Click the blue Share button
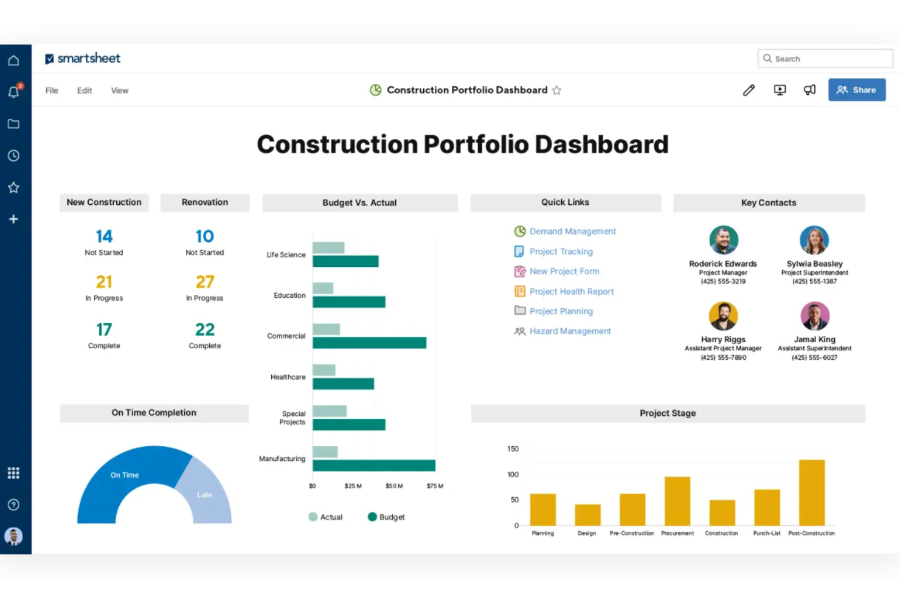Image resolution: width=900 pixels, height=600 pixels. click(x=856, y=90)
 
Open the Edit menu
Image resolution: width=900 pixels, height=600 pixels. click(x=85, y=91)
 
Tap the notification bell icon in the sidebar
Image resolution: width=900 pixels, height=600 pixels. click(x=13, y=92)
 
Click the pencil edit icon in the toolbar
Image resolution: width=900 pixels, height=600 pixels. click(x=749, y=91)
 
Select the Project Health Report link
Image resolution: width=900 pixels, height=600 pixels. click(x=571, y=292)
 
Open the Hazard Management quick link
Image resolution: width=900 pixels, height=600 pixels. click(x=570, y=331)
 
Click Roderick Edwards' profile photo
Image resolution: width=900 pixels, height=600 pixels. click(x=723, y=240)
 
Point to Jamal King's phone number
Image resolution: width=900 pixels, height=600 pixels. click(x=814, y=357)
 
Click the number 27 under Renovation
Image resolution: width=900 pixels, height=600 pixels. click(x=205, y=282)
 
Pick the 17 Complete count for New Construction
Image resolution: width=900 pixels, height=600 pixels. click(x=104, y=329)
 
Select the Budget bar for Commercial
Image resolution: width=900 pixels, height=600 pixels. click(x=369, y=343)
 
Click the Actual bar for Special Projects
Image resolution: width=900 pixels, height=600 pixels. click(x=330, y=412)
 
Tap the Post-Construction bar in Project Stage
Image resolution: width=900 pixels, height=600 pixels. click(x=811, y=492)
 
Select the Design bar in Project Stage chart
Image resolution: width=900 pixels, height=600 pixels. click(x=587, y=514)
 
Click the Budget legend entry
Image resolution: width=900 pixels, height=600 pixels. click(x=386, y=517)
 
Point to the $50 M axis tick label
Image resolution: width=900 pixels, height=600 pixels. click(x=394, y=486)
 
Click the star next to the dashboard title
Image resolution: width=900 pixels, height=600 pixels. click(x=556, y=91)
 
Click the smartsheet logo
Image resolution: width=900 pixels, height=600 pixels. click(x=83, y=58)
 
